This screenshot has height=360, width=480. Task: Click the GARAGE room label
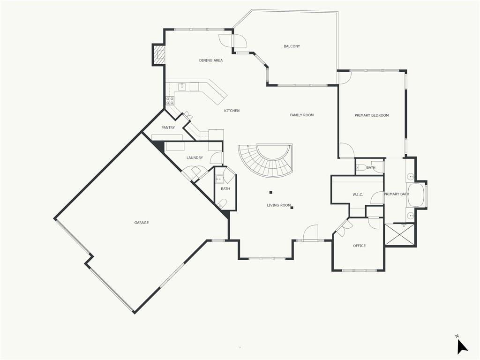[x=142, y=223]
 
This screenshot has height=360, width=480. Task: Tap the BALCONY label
[x=292, y=46]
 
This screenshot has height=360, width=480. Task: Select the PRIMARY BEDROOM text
[x=372, y=115]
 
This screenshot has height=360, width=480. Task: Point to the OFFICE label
[x=360, y=246]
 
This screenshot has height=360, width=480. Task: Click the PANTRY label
[x=168, y=127]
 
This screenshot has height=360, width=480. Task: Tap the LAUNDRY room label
[x=195, y=157]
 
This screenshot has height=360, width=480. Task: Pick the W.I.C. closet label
[x=358, y=195]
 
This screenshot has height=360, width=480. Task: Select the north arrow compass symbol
[x=462, y=347]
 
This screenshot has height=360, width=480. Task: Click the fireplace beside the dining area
[x=158, y=55]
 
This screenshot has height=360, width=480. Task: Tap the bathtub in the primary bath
[x=416, y=195]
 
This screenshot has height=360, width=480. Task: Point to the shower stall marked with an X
[x=400, y=234]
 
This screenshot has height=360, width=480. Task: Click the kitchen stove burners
[x=170, y=101]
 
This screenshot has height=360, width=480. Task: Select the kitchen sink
[x=182, y=87]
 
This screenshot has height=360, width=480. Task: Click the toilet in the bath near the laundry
[x=222, y=203]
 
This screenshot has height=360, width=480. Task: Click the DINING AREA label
[x=211, y=60]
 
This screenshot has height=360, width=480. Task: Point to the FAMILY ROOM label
[x=302, y=115]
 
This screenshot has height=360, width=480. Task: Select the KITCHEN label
[x=232, y=111]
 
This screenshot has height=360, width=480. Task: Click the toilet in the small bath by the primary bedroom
[x=361, y=167]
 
